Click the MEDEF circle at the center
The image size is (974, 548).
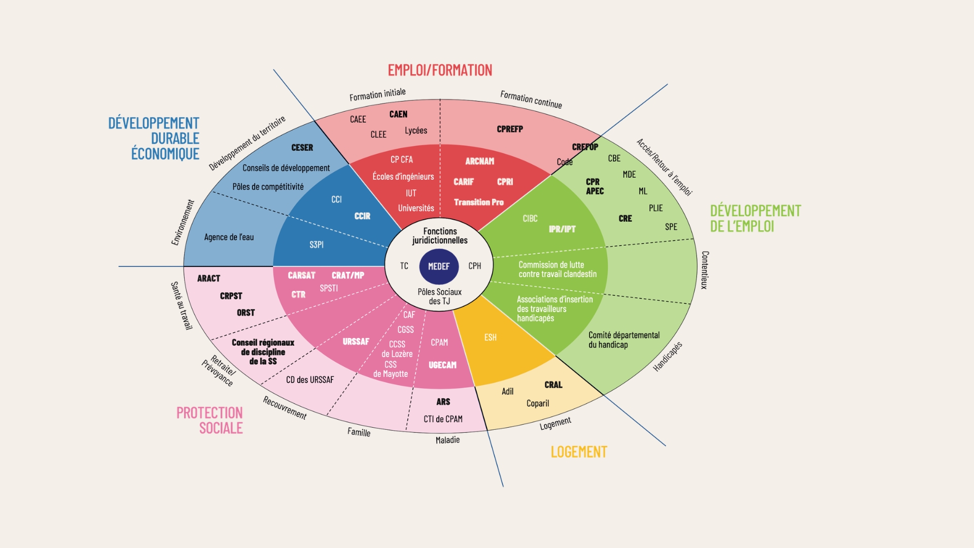[x=439, y=266]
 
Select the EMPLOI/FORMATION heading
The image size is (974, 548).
[x=440, y=70]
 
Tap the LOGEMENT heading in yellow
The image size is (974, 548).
[x=579, y=452]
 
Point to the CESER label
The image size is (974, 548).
[x=302, y=148]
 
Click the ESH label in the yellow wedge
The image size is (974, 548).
[x=490, y=337]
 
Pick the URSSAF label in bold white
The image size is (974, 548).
[x=356, y=341]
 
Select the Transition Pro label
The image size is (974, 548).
[x=479, y=202]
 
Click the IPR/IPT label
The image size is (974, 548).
[x=562, y=229]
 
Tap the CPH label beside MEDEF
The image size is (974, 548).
[x=474, y=266]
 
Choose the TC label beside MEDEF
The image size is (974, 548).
[x=404, y=266]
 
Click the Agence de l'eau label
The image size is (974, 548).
[x=229, y=237]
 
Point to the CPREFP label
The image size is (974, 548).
[x=510, y=129]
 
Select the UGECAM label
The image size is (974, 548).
[x=442, y=365]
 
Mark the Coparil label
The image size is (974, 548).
[x=538, y=403]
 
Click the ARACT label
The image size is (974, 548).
[x=208, y=278]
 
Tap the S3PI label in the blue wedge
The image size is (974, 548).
[x=317, y=245]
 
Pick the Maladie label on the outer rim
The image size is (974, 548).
[x=447, y=440]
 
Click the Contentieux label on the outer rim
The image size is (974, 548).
[x=705, y=270]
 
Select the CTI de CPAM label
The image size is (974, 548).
[x=443, y=419]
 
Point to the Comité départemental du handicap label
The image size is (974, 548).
[x=624, y=340]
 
